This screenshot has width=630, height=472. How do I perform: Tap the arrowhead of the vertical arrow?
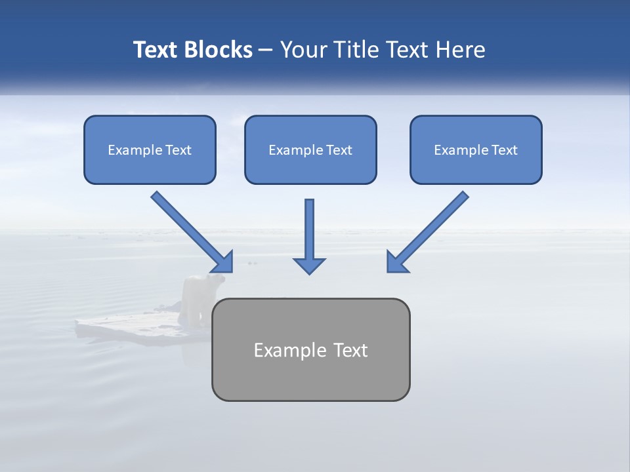pos(310,265)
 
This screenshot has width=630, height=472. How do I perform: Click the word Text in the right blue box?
pos(505,150)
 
